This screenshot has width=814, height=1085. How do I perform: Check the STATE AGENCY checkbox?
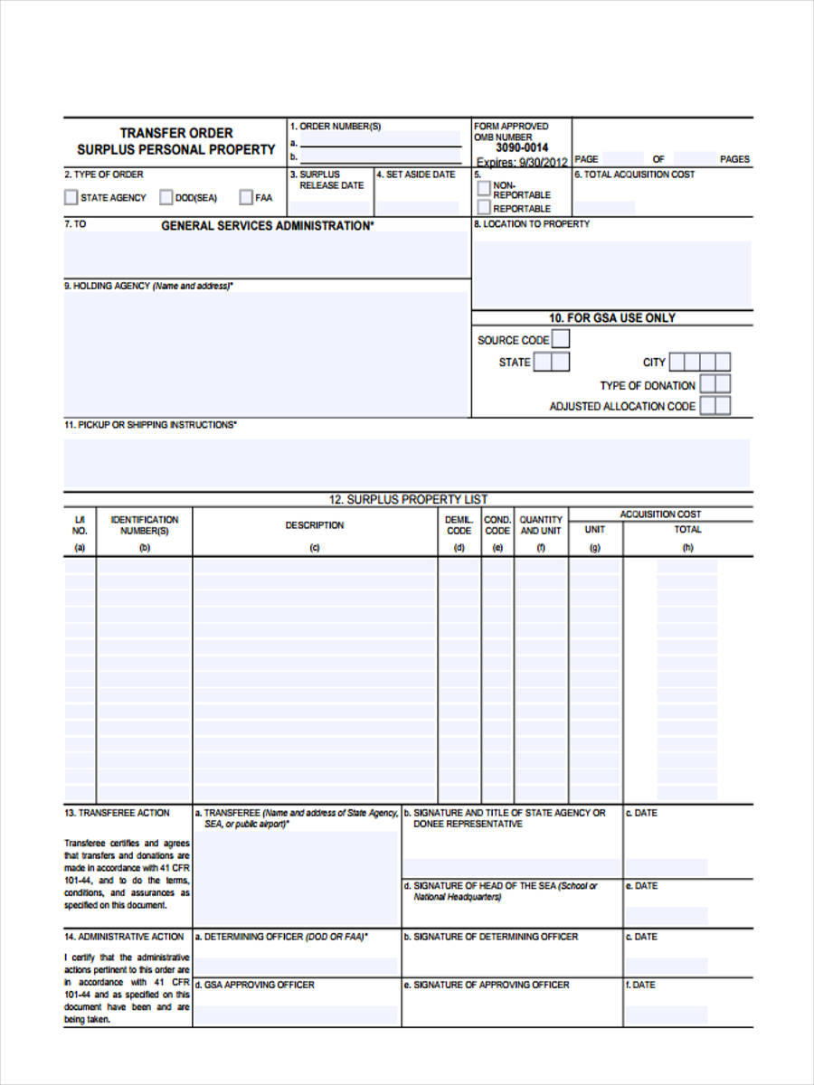71,197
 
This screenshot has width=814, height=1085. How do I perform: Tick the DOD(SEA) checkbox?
166,197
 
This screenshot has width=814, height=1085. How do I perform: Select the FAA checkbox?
246,197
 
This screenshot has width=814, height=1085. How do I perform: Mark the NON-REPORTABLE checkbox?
485,188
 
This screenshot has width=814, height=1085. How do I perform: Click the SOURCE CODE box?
561,340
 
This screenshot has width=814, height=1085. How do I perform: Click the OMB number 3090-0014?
522,147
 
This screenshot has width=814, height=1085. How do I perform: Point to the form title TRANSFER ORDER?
176,133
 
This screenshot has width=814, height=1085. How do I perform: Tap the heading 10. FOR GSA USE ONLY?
612,318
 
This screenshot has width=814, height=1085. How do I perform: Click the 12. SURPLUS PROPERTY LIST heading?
408,499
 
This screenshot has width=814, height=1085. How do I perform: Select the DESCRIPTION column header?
315,525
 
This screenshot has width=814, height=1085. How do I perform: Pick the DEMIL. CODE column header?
459,525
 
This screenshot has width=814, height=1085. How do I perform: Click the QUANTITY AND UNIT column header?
541,525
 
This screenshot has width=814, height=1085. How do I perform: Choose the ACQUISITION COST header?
660,514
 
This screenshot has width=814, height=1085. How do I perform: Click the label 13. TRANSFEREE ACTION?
117,813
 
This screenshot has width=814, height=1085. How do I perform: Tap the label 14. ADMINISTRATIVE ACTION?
124,937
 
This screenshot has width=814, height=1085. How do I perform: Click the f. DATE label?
641,985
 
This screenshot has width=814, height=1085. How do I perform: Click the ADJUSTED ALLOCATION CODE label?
622,407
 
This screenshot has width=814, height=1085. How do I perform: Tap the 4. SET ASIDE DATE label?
416,175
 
